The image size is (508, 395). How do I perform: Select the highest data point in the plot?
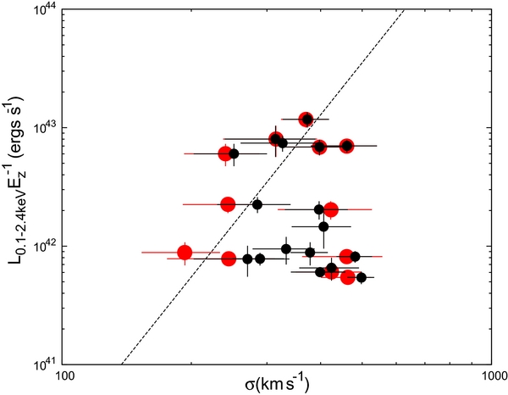(306, 120)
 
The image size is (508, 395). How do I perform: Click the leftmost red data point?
(185, 252)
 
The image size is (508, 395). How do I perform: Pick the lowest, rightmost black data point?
(362, 277)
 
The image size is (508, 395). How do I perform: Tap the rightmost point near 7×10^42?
(346, 146)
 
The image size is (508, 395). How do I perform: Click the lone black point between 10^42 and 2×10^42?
(323, 226)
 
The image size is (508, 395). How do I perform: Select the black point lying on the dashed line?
(283, 143)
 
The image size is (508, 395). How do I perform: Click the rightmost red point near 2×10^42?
(331, 209)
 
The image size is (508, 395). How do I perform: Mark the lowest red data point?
(347, 277)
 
